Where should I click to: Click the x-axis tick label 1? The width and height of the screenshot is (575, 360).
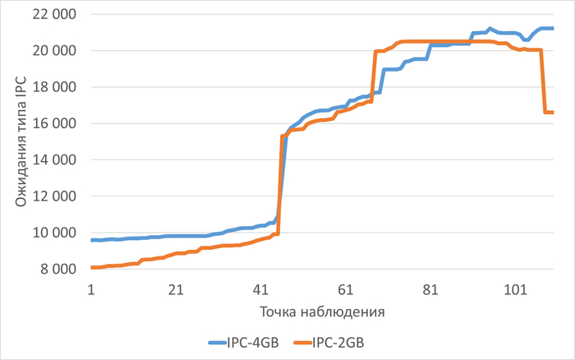pyautogui.click(x=91, y=289)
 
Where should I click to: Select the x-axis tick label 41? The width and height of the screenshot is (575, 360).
pyautogui.click(x=260, y=289)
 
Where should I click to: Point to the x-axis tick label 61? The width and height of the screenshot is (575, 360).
pyautogui.click(x=346, y=289)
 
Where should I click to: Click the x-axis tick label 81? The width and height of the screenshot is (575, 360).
pyautogui.click(x=430, y=289)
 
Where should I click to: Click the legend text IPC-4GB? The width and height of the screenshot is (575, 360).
pyautogui.click(x=257, y=343)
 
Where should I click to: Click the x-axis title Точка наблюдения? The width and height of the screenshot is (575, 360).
pyautogui.click(x=322, y=312)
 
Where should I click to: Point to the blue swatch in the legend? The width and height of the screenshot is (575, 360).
pyautogui.click(x=218, y=343)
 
